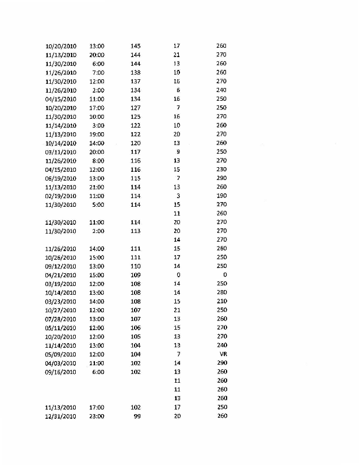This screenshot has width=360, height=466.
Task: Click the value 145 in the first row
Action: (136, 46)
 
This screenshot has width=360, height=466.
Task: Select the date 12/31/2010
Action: (61, 416)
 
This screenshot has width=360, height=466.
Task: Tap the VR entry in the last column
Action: (222, 354)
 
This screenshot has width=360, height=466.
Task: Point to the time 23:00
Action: (97, 416)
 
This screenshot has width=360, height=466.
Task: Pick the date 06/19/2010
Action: (61, 178)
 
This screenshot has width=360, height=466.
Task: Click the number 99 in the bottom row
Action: (137, 416)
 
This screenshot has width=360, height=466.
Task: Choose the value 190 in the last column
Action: (221, 196)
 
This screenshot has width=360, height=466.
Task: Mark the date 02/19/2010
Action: (61, 196)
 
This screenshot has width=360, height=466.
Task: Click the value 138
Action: (136, 72)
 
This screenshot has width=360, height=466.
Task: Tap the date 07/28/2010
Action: (61, 319)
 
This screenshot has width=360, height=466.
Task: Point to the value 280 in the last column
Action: (221, 292)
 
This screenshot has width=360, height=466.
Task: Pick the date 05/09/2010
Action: (61, 354)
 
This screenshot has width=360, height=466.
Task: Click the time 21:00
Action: (97, 187)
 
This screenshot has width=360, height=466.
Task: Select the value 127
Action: (136, 108)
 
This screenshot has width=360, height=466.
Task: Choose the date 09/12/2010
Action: (61, 266)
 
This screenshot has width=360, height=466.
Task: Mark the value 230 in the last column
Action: (221, 170)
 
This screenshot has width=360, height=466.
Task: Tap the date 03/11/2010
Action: (61, 152)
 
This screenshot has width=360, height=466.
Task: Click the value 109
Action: (136, 275)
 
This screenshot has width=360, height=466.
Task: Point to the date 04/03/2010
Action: (61, 363)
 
